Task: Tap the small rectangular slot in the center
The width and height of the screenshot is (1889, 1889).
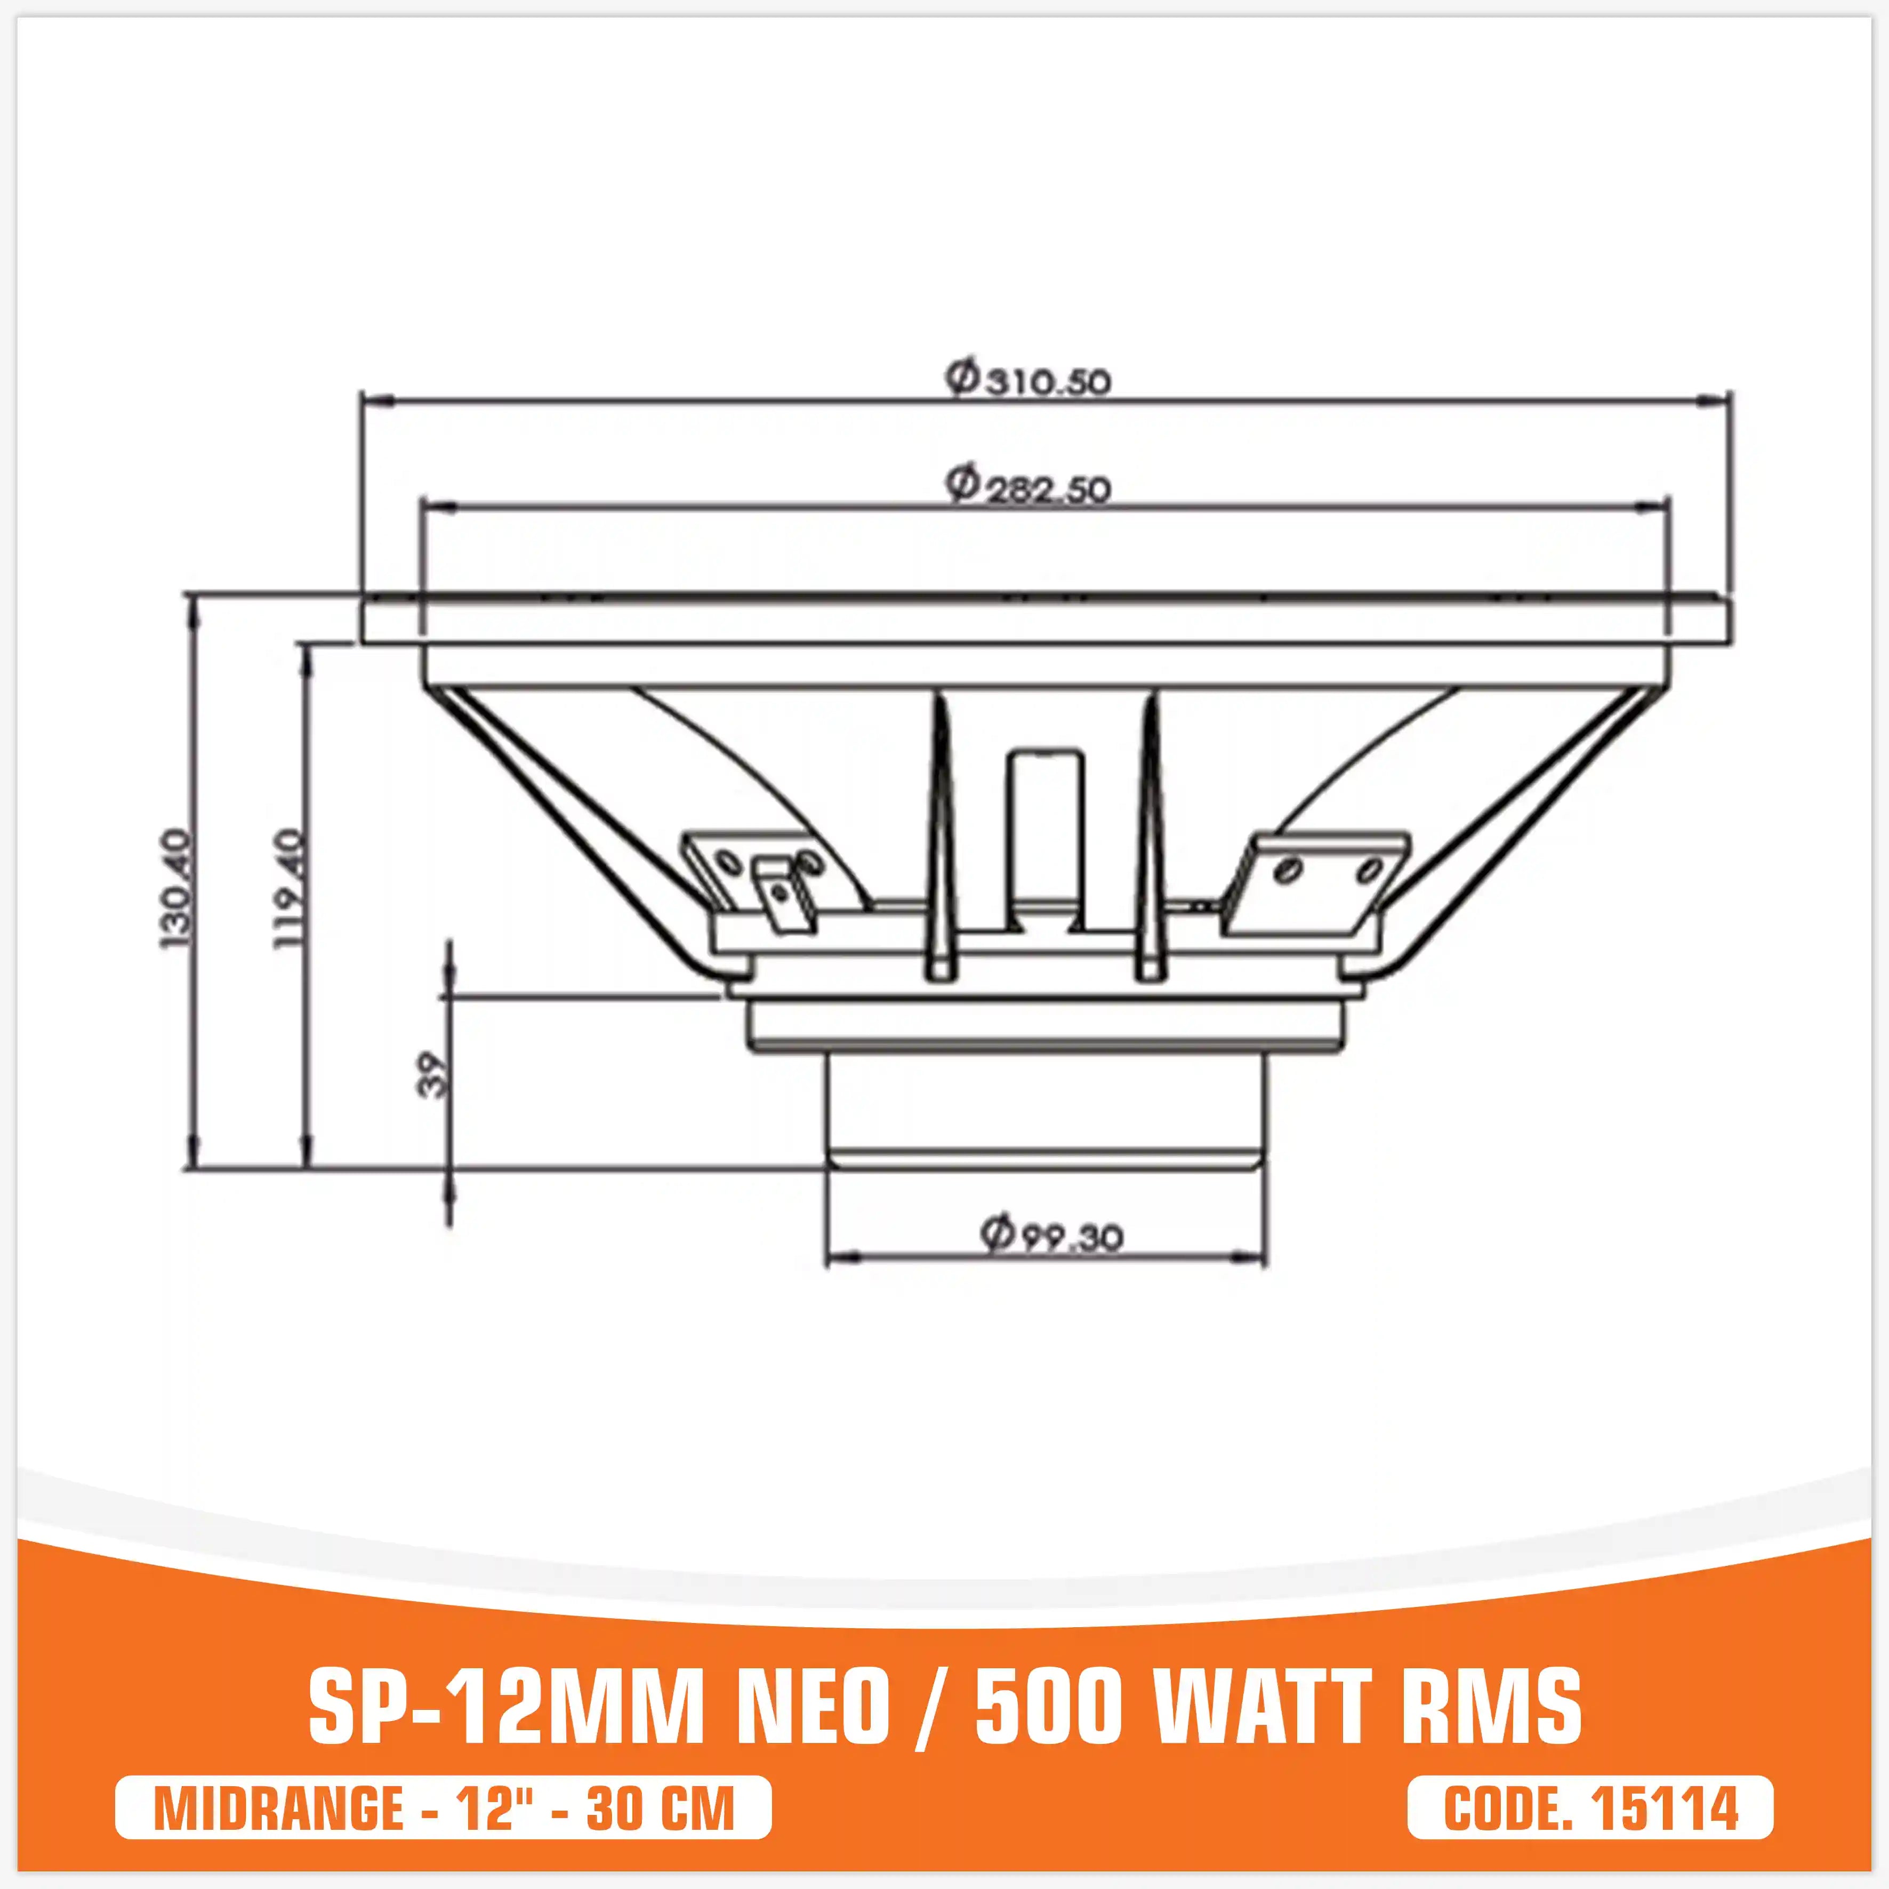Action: click(x=1046, y=831)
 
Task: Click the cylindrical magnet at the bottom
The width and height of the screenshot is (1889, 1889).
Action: click(x=1046, y=1110)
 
